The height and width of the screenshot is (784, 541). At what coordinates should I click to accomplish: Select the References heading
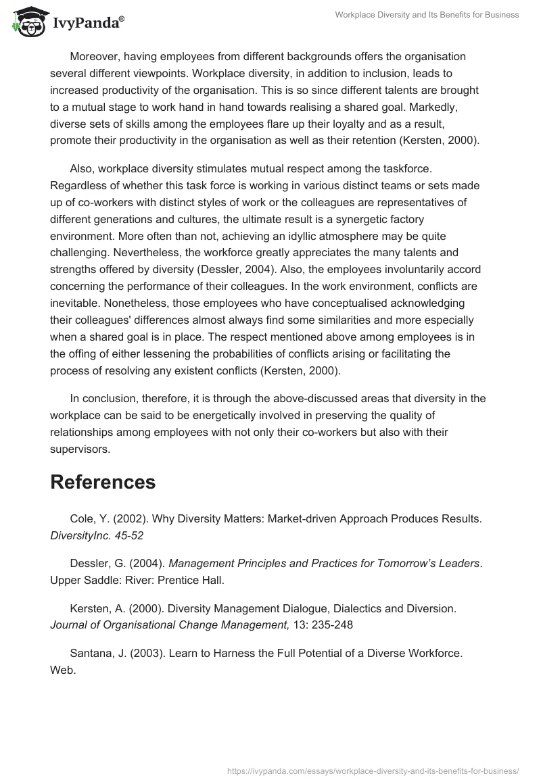pyautogui.click(x=103, y=482)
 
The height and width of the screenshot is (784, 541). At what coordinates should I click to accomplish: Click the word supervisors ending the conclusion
pyautogui.click(x=79, y=448)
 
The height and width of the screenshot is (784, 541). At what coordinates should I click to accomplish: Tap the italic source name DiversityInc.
pyautogui.click(x=82, y=535)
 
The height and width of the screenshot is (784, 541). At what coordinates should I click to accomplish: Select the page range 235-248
pyautogui.click(x=330, y=624)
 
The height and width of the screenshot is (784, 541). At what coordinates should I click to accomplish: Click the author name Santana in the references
pyautogui.click(x=91, y=654)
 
